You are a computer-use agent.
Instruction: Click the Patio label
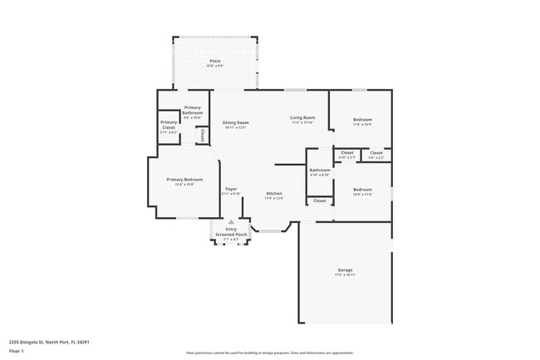click(215, 62)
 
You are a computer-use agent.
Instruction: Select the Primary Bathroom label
click(193, 110)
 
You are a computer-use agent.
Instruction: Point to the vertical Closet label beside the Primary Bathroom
click(202, 135)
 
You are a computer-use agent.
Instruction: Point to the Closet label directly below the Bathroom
click(320, 200)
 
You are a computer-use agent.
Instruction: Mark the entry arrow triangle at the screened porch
click(231, 222)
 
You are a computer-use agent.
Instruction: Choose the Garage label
click(346, 271)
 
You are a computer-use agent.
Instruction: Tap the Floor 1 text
click(17, 351)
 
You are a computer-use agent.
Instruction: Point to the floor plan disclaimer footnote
click(269, 352)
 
